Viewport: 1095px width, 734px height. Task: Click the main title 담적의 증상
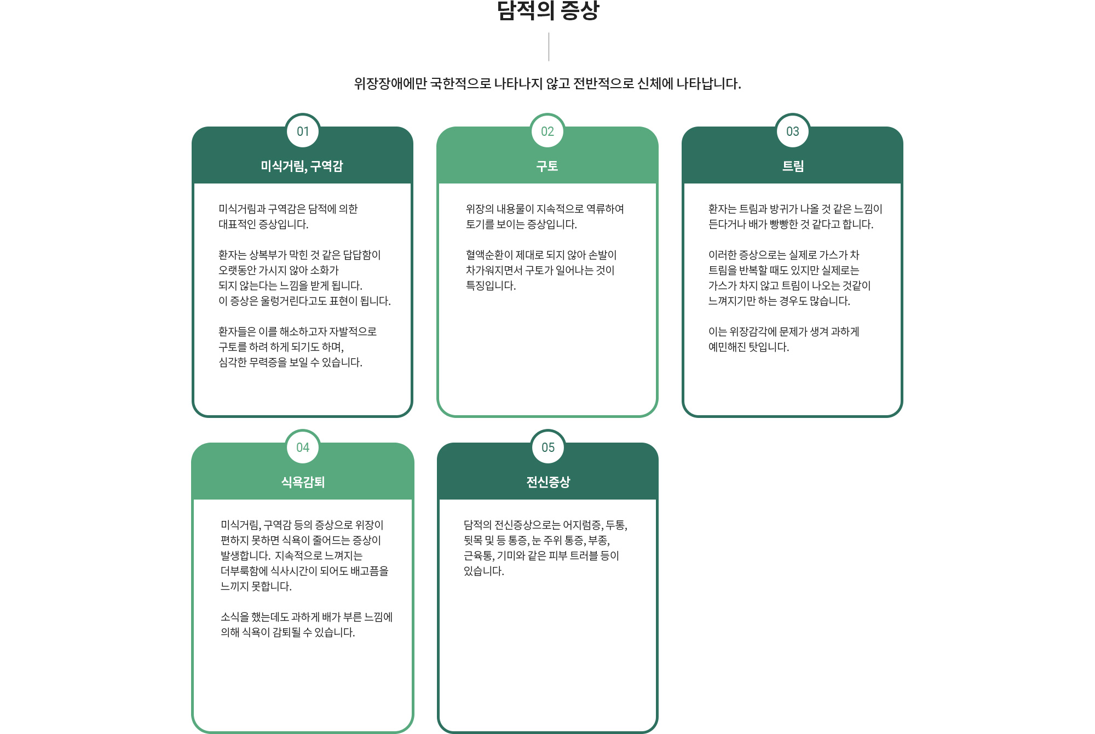click(548, 10)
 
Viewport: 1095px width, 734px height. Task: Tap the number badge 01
click(303, 131)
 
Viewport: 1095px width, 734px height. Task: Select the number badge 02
click(547, 131)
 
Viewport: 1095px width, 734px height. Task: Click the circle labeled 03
click(793, 131)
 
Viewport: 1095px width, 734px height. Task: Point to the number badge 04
click(303, 448)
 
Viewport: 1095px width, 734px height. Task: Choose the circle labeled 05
click(548, 448)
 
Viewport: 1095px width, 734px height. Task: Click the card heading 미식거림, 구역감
click(302, 166)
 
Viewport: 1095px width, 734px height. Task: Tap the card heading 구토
click(547, 166)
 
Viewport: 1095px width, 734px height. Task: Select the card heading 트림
click(793, 166)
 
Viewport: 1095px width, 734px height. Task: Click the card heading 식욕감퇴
click(303, 482)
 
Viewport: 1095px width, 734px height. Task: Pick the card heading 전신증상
click(548, 482)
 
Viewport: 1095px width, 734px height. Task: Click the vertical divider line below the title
click(549, 47)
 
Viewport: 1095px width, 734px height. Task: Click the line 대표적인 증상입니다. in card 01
click(263, 224)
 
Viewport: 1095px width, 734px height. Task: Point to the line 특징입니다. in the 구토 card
click(491, 285)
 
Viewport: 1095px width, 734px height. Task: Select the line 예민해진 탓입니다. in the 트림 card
click(748, 347)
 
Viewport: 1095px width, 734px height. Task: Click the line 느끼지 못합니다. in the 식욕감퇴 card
click(256, 586)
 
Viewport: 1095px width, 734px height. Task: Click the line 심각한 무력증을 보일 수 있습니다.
click(290, 362)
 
